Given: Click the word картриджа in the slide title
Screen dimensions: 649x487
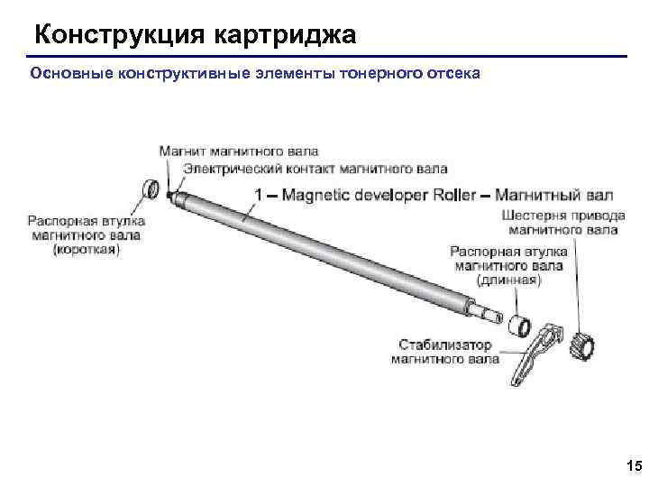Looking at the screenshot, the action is click(286, 35).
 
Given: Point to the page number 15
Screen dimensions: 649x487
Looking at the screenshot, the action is click(632, 465).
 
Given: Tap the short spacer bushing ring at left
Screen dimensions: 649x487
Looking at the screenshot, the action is click(153, 189).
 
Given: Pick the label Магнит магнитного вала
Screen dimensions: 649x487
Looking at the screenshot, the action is click(238, 152).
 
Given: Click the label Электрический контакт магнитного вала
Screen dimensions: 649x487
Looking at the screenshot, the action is click(315, 169).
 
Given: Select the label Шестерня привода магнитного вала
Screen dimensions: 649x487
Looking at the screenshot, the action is click(559, 223).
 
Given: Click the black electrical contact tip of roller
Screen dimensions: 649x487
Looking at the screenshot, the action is click(169, 193).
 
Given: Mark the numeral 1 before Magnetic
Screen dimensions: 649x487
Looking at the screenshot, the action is click(260, 195).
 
